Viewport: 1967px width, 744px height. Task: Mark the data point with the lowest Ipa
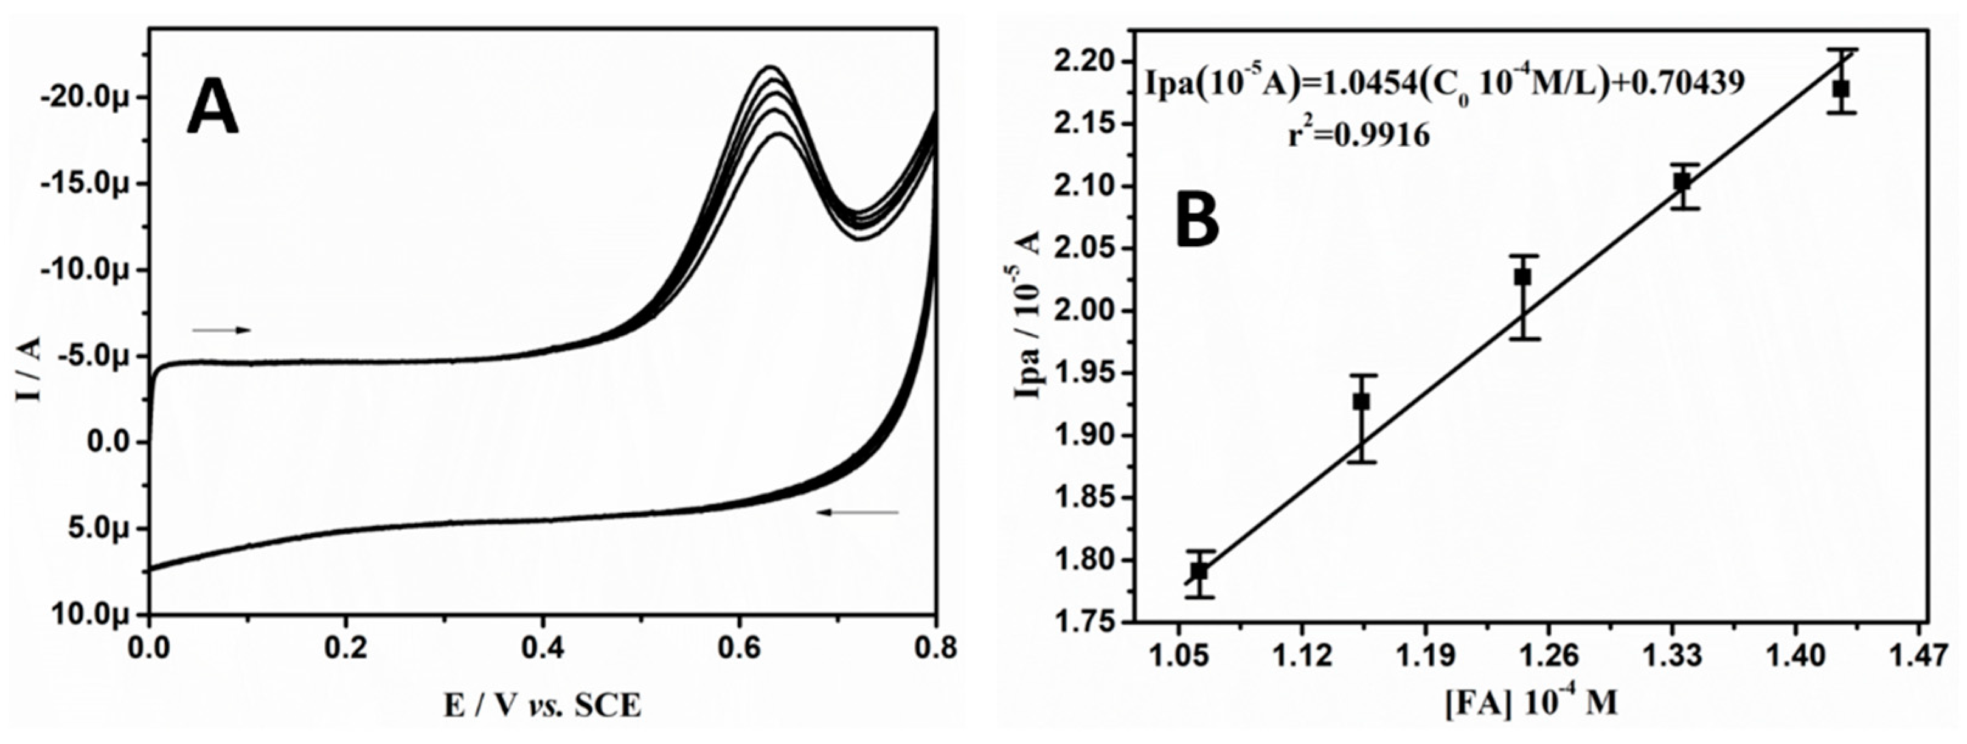click(x=1199, y=571)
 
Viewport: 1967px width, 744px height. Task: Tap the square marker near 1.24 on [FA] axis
click(x=1522, y=277)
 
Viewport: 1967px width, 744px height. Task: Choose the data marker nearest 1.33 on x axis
click(x=1682, y=182)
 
